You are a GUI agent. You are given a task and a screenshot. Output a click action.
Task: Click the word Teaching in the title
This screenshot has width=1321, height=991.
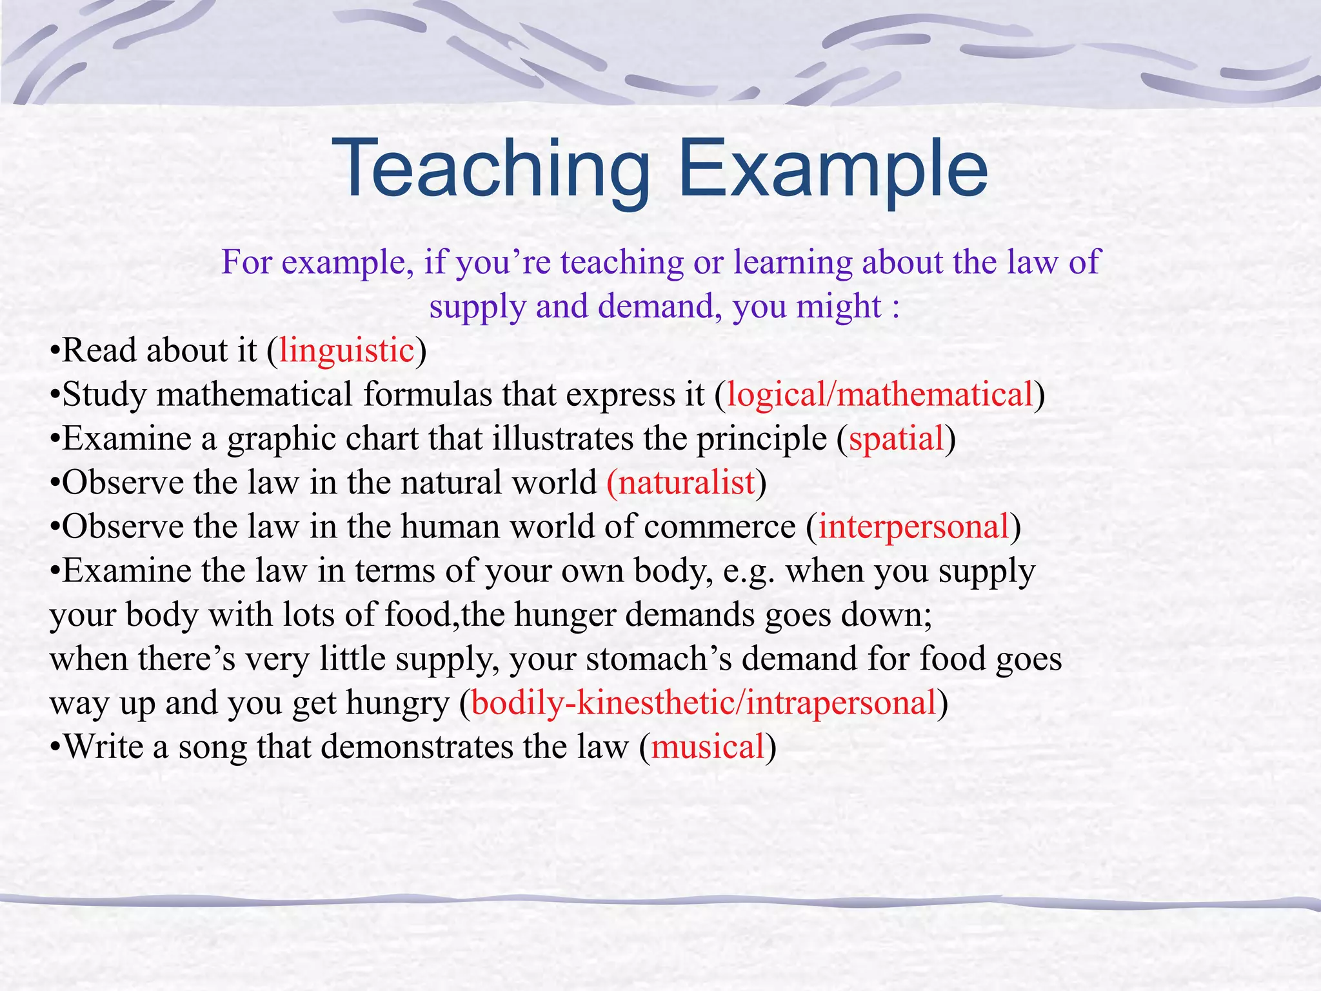pyautogui.click(x=490, y=169)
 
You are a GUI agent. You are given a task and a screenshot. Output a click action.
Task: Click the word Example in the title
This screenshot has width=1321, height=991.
pyautogui.click(x=832, y=169)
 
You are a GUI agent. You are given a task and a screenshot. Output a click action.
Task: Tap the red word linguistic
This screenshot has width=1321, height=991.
pyautogui.click(x=346, y=351)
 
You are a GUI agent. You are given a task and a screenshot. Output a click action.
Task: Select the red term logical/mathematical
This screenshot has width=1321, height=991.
pyautogui.click(x=880, y=395)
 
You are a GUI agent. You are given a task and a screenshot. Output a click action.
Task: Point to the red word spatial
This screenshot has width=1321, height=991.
pyautogui.click(x=897, y=439)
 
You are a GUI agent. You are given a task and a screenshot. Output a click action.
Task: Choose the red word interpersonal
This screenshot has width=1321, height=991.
pyautogui.click(x=913, y=527)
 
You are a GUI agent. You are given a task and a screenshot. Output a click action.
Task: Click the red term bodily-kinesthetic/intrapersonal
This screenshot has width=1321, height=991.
pyautogui.click(x=704, y=703)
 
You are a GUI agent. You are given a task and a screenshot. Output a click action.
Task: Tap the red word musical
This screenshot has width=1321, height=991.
pyautogui.click(x=708, y=747)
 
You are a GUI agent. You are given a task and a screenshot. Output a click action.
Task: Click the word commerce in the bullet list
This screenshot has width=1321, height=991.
pyautogui.click(x=720, y=527)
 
